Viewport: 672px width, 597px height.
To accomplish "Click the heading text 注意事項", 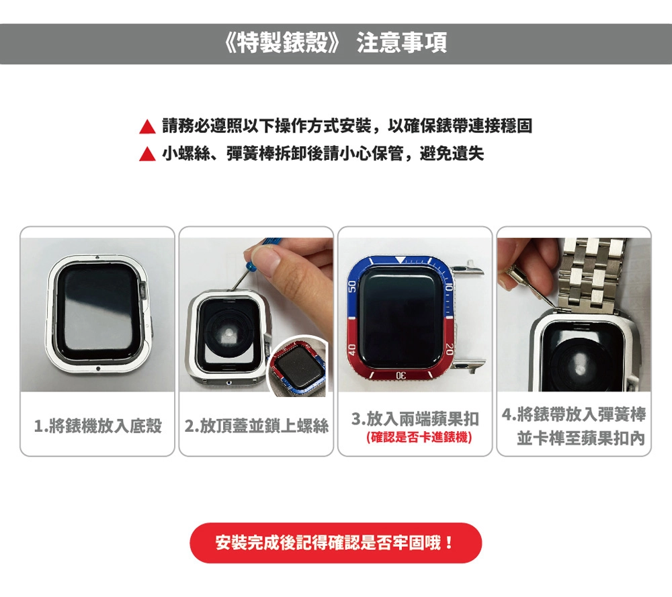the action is click(402, 43).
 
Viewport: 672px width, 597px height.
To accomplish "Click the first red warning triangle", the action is click(147, 127).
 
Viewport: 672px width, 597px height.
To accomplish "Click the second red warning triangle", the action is click(147, 154).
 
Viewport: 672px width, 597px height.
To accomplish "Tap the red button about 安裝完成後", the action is click(335, 543).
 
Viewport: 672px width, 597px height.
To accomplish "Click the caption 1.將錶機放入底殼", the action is click(97, 426).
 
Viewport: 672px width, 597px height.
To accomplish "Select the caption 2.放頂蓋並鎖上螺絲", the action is click(256, 426).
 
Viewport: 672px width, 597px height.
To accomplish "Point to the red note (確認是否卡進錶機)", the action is click(419, 437).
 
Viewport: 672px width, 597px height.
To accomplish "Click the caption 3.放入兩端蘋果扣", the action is click(415, 418).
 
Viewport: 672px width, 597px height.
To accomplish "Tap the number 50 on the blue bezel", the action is click(352, 287).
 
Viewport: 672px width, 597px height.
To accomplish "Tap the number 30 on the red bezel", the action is click(401, 375).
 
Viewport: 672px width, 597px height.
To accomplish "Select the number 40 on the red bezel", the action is click(352, 349).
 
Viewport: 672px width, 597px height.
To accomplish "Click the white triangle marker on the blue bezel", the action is click(399, 259).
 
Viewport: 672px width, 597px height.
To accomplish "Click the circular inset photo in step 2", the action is click(297, 366).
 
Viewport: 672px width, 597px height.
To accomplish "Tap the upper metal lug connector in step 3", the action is click(469, 269).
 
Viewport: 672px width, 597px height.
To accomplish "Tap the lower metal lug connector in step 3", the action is click(469, 365).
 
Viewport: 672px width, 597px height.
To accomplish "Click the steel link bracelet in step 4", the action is click(594, 274).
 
